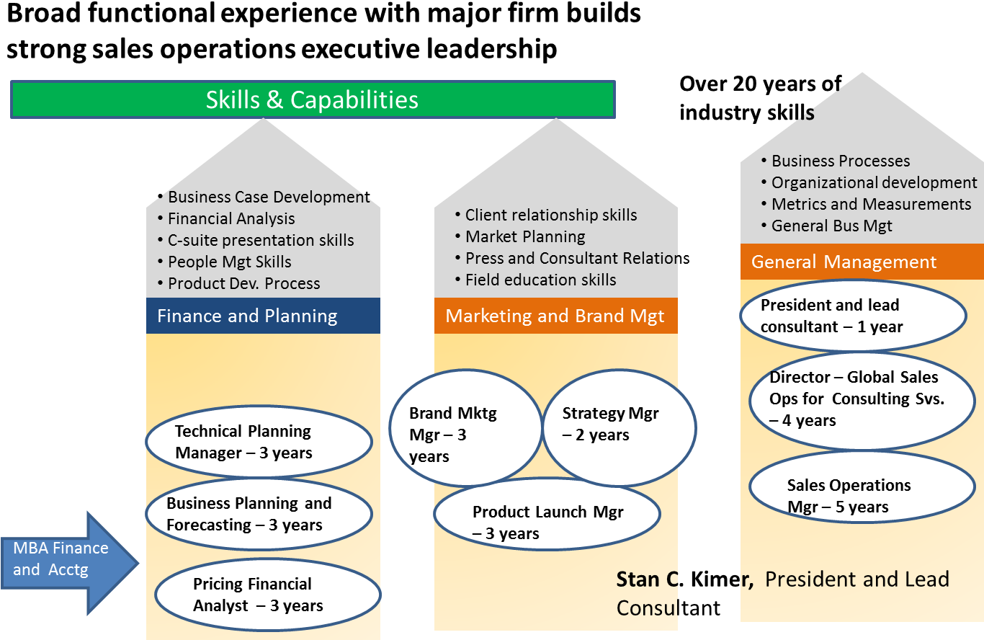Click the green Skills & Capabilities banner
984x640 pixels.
tap(312, 99)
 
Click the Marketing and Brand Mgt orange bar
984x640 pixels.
tap(555, 316)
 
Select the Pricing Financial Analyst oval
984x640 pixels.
tap(267, 595)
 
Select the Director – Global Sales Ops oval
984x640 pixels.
tap(861, 399)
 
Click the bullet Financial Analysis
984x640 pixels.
tap(231, 218)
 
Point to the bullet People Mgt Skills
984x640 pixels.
tap(229, 262)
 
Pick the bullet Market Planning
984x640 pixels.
tap(525, 236)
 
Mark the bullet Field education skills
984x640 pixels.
tap(540, 280)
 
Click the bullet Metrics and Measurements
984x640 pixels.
tap(871, 204)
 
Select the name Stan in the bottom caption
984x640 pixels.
tap(638, 579)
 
